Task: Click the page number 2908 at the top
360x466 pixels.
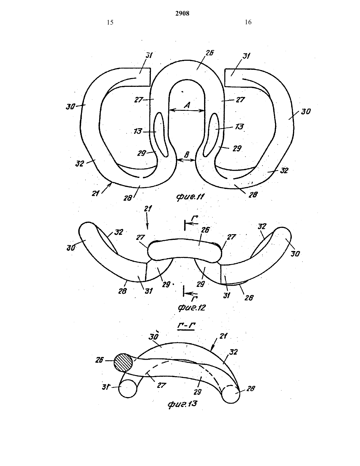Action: tap(182, 13)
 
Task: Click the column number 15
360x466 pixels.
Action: tap(110, 22)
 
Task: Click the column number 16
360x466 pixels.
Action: tap(248, 22)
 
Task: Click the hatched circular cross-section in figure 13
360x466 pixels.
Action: tap(123, 362)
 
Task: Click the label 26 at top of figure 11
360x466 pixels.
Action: tap(209, 53)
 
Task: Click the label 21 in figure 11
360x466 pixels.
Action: tap(95, 193)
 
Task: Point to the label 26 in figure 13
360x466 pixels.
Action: tap(99, 360)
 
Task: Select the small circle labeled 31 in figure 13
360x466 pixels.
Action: tap(128, 389)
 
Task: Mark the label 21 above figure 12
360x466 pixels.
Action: tap(148, 208)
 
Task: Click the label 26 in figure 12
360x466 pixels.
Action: tap(205, 230)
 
